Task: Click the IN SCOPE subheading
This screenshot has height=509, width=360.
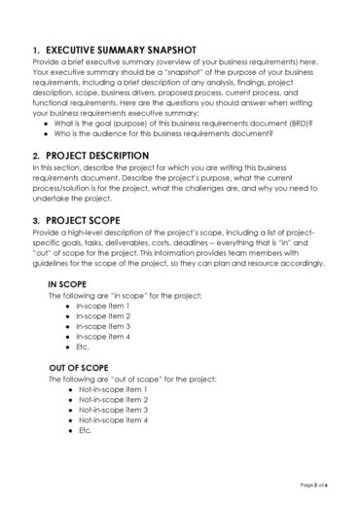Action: [x=68, y=283]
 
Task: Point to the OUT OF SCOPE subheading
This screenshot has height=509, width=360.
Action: [x=77, y=367]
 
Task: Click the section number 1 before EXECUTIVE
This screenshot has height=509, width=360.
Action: [x=35, y=49]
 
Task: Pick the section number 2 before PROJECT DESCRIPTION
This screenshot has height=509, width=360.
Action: [x=35, y=155]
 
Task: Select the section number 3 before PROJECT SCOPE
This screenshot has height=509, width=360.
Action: [x=35, y=221]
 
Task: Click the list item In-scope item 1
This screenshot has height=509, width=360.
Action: [x=104, y=306]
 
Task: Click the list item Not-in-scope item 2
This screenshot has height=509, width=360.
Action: [x=113, y=400]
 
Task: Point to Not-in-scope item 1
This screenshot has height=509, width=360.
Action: [x=113, y=389]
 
